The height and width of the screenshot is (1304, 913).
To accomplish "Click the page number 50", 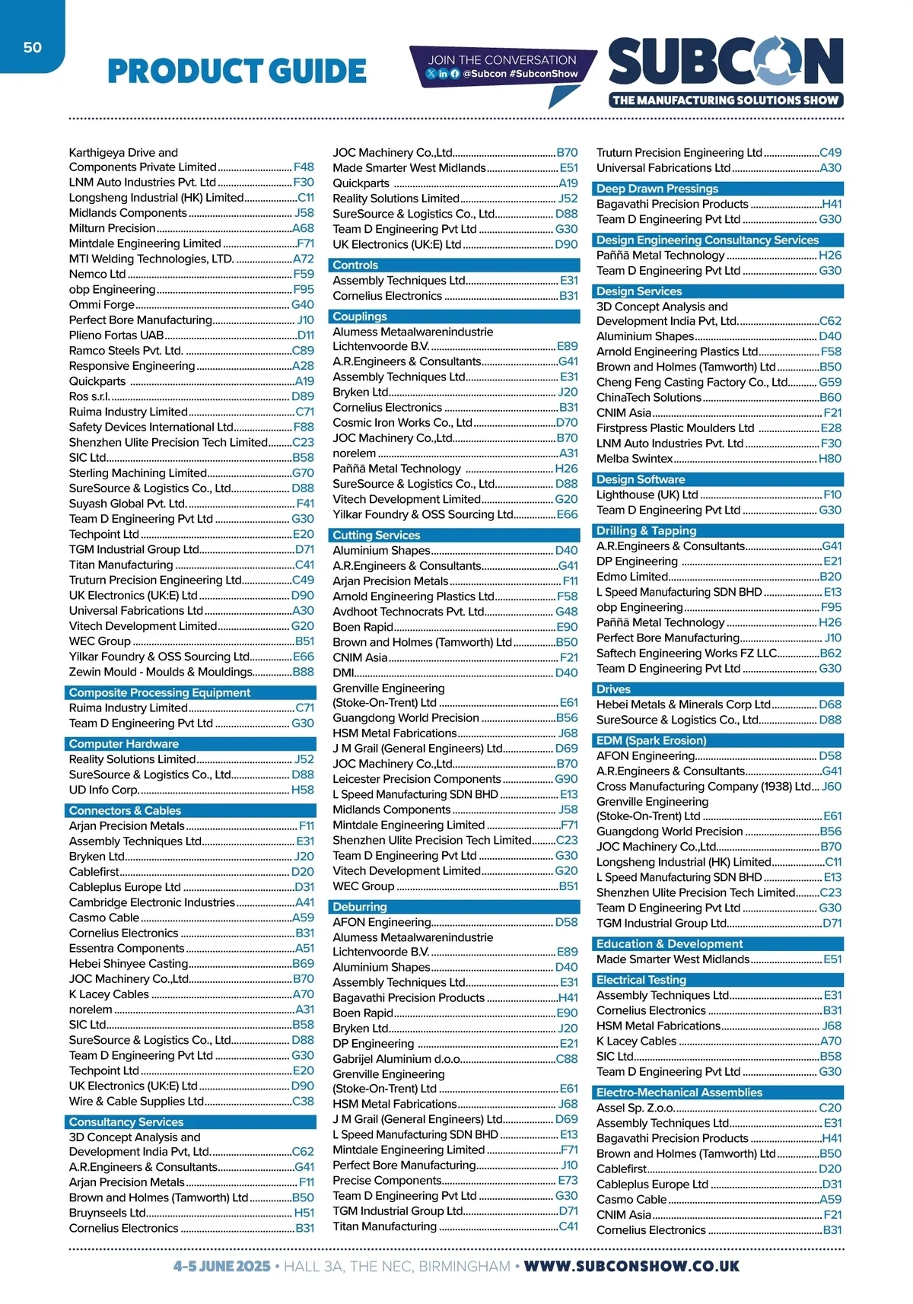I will click(x=32, y=47).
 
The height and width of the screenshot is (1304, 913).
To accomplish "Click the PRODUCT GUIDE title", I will click(x=237, y=72).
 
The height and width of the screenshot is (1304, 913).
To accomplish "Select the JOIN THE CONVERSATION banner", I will click(x=502, y=66).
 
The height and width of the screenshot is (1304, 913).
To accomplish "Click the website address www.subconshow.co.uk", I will click(x=631, y=1266).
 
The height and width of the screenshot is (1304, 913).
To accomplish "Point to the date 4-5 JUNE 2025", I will click(x=221, y=1266).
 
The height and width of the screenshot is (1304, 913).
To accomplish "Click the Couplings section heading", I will click(x=360, y=316).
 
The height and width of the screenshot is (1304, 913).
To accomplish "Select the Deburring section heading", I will click(x=360, y=907).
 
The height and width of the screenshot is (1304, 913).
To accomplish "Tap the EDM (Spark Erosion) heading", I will click(x=651, y=740).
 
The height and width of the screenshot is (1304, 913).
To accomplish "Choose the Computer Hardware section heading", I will click(x=124, y=744).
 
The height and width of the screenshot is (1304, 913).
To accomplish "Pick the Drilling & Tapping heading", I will click(x=646, y=530).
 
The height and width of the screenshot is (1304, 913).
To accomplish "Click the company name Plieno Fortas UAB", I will click(x=116, y=335).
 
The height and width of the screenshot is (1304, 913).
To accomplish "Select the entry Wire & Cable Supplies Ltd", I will click(x=136, y=1101).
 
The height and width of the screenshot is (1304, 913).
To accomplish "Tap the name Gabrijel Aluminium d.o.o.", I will click(x=396, y=1058).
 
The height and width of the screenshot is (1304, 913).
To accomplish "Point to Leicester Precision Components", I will click(x=416, y=779).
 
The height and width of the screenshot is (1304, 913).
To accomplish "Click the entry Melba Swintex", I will click(x=635, y=458).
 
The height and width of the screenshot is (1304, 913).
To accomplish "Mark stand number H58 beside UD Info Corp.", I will click(x=302, y=790).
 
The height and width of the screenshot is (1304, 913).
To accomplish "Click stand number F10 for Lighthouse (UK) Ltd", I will click(x=832, y=495).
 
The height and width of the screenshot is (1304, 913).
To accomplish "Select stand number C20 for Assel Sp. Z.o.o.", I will click(x=830, y=1108).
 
